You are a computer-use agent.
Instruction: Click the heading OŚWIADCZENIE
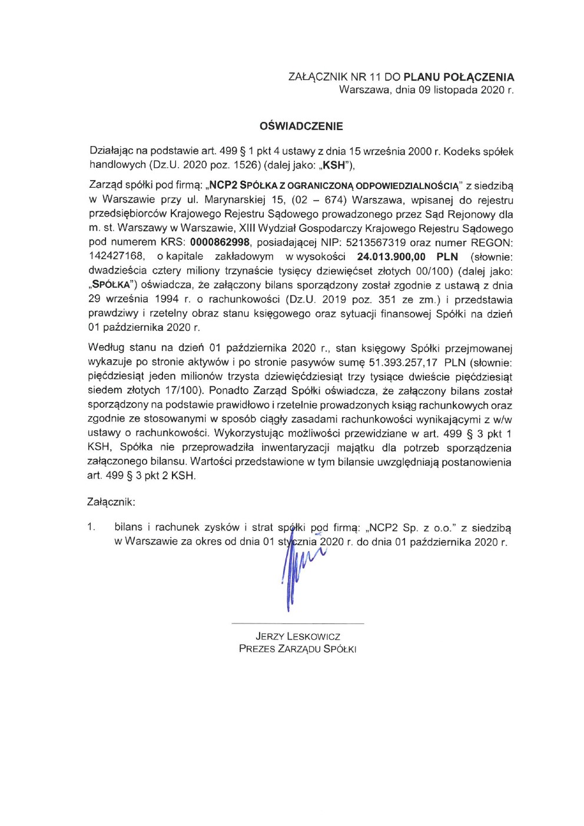point(301,126)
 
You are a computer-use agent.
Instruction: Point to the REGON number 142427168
point(117,257)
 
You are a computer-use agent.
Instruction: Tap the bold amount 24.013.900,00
point(391,257)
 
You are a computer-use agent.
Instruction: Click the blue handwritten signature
point(297,571)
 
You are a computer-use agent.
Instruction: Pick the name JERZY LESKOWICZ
point(298,636)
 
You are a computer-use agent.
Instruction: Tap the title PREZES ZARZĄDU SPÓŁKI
point(298,649)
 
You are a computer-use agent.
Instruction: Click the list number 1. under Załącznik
point(91,528)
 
